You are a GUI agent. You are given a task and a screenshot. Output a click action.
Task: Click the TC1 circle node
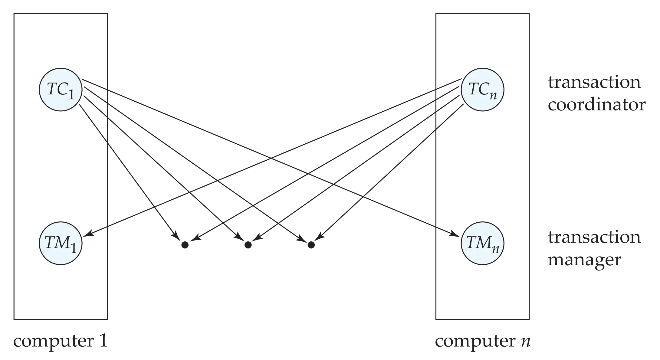[x=60, y=90]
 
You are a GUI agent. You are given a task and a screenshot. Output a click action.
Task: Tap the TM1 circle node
[x=61, y=243]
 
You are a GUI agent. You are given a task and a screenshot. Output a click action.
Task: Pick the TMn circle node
[x=482, y=243]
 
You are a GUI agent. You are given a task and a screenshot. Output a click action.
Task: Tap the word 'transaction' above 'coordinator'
[x=594, y=83]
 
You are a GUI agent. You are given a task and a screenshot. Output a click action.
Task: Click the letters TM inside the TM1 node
[x=56, y=242]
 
